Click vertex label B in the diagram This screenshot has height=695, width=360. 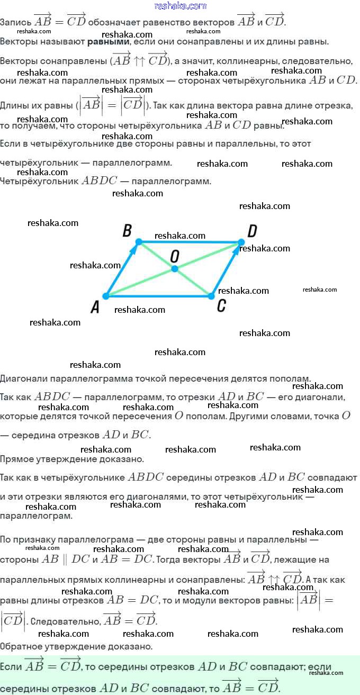pos(127,230)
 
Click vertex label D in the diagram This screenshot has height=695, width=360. pos(253,231)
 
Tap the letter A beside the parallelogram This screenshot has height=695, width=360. pos(95,307)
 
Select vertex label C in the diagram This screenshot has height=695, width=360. pos(221,305)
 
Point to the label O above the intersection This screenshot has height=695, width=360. pos(175,257)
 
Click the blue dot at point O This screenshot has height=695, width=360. pos(174,269)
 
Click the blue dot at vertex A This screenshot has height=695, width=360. pos(106,296)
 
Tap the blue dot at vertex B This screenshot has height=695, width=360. pos(139,242)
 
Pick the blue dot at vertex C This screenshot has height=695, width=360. pos(211,296)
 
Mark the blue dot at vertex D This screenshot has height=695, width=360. pos(241,242)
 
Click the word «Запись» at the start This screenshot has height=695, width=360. pos(15,22)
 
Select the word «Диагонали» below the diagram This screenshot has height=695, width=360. pos(24,378)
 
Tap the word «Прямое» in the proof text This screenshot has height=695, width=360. pos(17,459)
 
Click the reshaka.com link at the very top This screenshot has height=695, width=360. pos(180,6)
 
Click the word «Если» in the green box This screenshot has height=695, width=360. pos(11,666)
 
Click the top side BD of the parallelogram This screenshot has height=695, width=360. pos(190,242)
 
